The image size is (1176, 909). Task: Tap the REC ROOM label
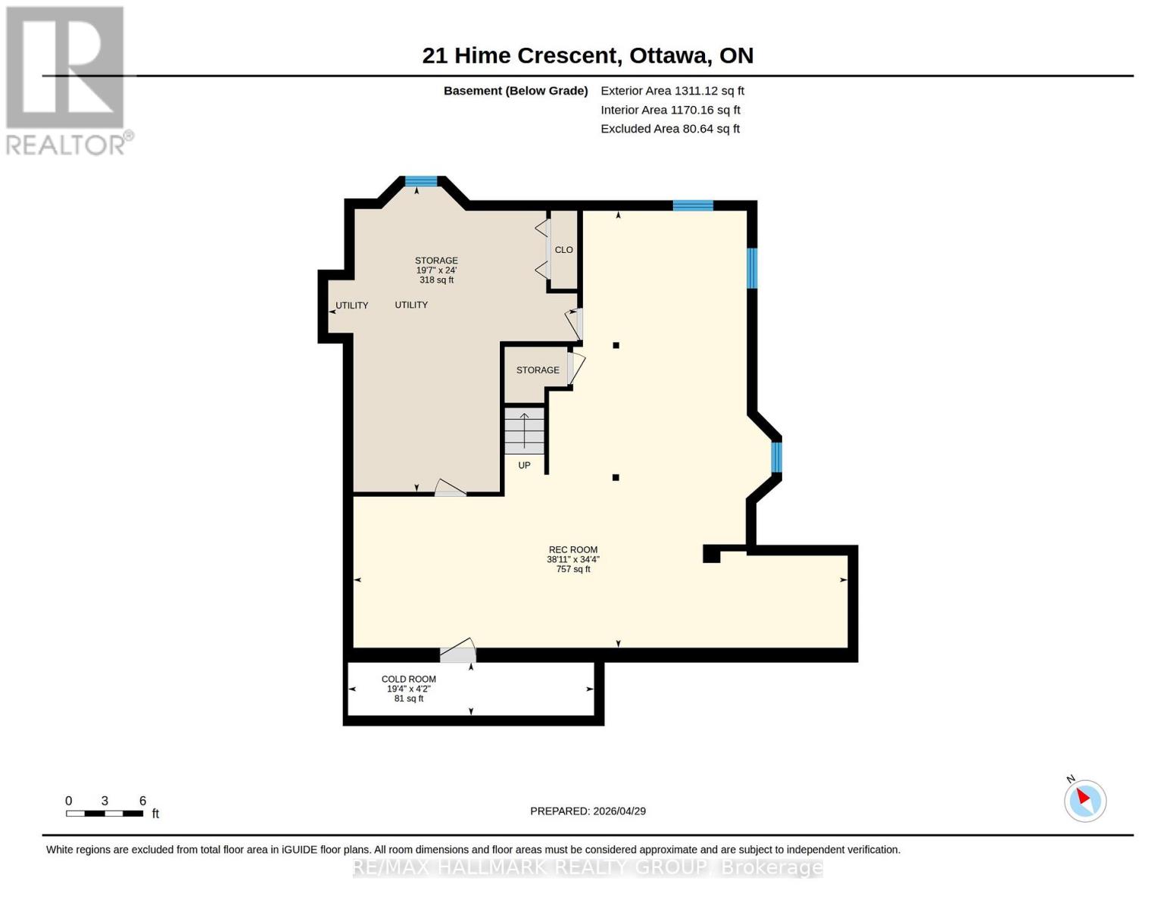pyautogui.click(x=572, y=550)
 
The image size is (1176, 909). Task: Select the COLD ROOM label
pyautogui.click(x=408, y=679)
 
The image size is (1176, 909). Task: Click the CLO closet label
pyautogui.click(x=563, y=250)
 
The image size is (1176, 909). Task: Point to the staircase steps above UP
pyautogui.click(x=524, y=432)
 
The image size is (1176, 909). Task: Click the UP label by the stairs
pyautogui.click(x=524, y=465)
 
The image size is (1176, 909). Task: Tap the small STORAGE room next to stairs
pyautogui.click(x=538, y=370)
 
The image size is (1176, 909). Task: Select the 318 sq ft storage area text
pyautogui.click(x=436, y=280)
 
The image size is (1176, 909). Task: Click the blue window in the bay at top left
pyautogui.click(x=421, y=181)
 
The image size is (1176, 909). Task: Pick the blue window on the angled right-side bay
pyautogui.click(x=776, y=458)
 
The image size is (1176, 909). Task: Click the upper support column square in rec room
pyautogui.click(x=616, y=345)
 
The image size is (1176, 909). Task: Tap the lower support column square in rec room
pyautogui.click(x=616, y=477)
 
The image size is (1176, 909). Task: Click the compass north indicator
pyautogui.click(x=1084, y=800)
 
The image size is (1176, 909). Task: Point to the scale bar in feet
pyautogui.click(x=104, y=813)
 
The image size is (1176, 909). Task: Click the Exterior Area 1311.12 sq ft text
pyautogui.click(x=672, y=91)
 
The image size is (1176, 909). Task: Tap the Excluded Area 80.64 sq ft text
pyautogui.click(x=669, y=129)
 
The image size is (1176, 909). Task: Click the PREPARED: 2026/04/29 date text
pyautogui.click(x=588, y=811)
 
